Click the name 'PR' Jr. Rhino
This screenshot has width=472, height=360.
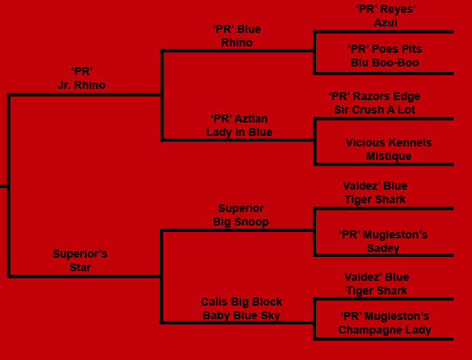point(82,78)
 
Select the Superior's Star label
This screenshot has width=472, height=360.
point(80,261)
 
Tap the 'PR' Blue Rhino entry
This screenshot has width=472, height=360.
point(237,36)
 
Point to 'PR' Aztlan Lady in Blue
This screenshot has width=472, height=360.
point(239,126)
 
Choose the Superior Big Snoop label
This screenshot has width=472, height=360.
point(241,215)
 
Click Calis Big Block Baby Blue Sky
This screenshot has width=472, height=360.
point(242,309)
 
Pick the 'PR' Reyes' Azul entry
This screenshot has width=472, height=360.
point(386,16)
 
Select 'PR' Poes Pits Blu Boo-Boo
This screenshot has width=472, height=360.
point(385,56)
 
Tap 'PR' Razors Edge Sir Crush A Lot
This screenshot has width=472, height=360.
point(374,103)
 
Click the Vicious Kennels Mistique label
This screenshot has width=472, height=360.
point(389,150)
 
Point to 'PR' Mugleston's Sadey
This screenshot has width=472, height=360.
point(383,242)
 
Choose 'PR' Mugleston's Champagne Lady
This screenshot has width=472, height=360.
point(385,323)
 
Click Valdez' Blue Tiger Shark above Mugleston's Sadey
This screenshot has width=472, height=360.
point(375,193)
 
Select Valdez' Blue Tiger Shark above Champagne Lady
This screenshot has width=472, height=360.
point(377,284)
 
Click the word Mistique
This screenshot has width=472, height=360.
point(389,156)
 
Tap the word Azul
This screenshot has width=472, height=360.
point(386,22)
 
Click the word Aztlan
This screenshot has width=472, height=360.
point(251,118)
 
